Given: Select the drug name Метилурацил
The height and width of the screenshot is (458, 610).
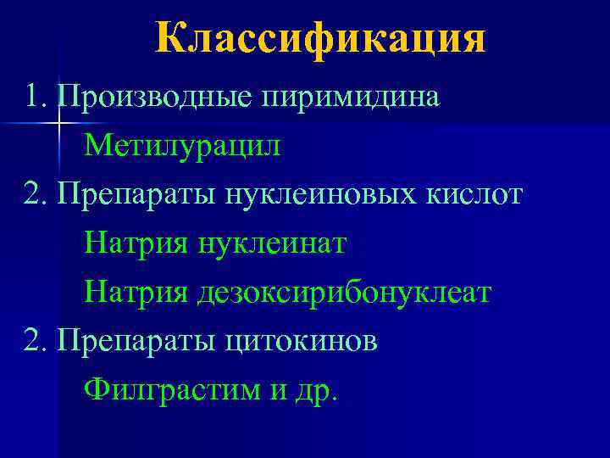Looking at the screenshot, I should pos(181,146).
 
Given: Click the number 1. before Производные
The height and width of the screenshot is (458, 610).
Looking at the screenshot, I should pos(37,97).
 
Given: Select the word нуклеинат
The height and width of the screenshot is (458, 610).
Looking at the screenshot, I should pos(272,244).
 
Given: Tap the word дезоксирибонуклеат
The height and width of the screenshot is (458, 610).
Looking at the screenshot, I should pos(344,293).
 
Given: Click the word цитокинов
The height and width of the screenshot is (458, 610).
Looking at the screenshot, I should pos(303,342).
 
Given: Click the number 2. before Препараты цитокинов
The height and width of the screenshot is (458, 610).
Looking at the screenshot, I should pos(37,342).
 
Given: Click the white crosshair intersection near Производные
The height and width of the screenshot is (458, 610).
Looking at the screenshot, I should pos(59,125).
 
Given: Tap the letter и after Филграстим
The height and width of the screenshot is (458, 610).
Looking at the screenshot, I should pos(280,392).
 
